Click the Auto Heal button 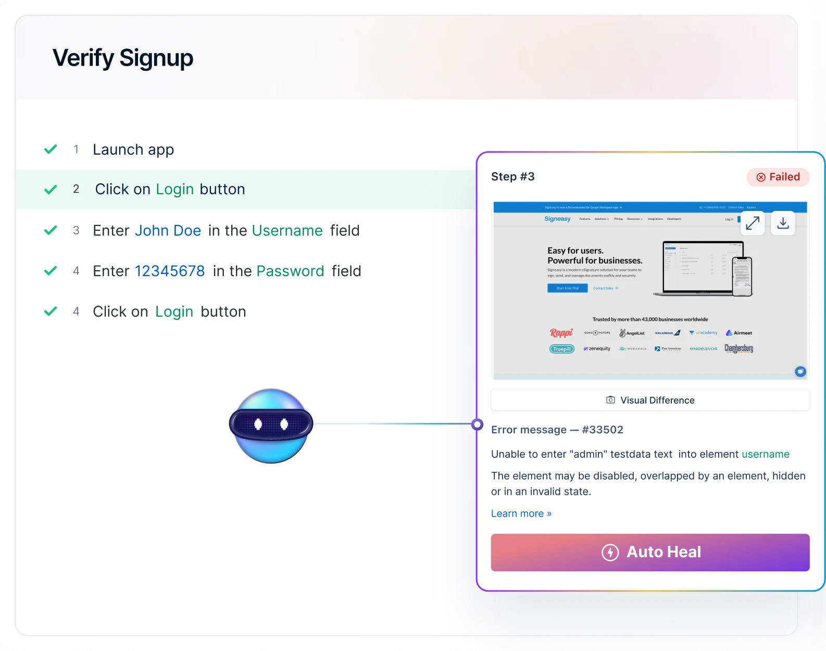click(650, 552)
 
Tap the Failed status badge click(778, 177)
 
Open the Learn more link click(521, 514)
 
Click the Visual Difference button click(650, 400)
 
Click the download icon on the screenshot click(783, 223)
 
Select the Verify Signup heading click(123, 58)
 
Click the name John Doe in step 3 click(168, 231)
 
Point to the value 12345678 click(170, 271)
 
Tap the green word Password click(290, 271)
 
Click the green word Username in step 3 click(287, 231)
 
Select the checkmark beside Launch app click(51, 149)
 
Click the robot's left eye click(258, 424)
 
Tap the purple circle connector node click(477, 424)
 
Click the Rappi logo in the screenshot click(561, 333)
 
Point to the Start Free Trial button click(567, 288)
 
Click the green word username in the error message click(765, 454)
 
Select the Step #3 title click(512, 177)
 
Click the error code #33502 click(603, 430)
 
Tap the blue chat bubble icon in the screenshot click(800, 371)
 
